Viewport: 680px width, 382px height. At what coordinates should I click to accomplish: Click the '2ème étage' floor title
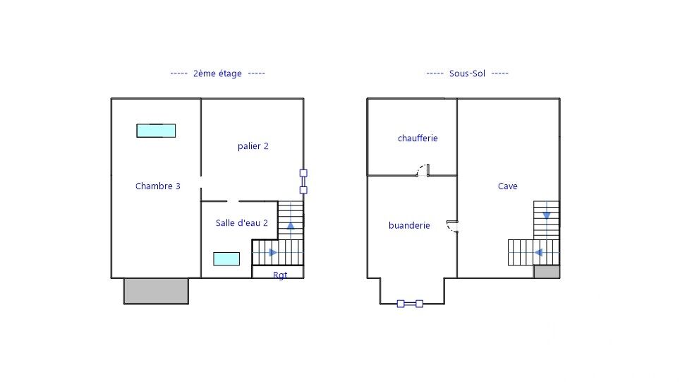pyautogui.click(x=217, y=74)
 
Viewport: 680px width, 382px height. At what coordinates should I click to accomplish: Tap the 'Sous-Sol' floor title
pyautogui.click(x=467, y=73)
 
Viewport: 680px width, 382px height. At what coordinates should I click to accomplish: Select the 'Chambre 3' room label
pyautogui.click(x=157, y=186)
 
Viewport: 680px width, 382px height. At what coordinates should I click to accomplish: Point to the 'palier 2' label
pyautogui.click(x=253, y=146)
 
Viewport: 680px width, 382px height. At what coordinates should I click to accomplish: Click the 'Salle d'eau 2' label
pyautogui.click(x=241, y=222)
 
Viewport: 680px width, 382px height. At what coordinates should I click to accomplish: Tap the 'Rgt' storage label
pyautogui.click(x=280, y=275)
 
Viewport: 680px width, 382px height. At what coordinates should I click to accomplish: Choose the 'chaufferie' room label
pyautogui.click(x=418, y=138)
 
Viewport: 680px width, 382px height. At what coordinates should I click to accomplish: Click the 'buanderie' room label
pyautogui.click(x=409, y=225)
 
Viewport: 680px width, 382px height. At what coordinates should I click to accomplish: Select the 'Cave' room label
pyautogui.click(x=507, y=186)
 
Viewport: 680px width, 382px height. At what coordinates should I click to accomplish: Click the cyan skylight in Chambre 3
pyautogui.click(x=156, y=131)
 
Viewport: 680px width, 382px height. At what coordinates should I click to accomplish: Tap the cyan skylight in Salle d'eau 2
pyautogui.click(x=226, y=258)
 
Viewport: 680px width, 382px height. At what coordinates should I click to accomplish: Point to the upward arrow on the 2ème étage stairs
pyautogui.click(x=291, y=226)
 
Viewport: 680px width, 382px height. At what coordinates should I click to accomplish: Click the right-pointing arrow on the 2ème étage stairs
pyautogui.click(x=273, y=252)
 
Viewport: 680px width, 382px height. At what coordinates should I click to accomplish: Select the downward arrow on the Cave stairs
pyautogui.click(x=547, y=215)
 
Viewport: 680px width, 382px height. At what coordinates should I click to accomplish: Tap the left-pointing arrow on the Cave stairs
pyautogui.click(x=538, y=252)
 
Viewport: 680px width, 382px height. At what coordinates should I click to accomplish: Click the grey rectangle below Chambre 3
pyautogui.click(x=156, y=291)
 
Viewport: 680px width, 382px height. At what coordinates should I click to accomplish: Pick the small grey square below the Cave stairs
pyautogui.click(x=547, y=272)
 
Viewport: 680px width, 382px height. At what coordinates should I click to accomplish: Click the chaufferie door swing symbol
pyautogui.click(x=423, y=169)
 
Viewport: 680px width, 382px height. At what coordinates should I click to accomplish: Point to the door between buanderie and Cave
pyautogui.click(x=452, y=226)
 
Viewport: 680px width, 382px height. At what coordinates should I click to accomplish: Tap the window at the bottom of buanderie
pyautogui.click(x=410, y=304)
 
